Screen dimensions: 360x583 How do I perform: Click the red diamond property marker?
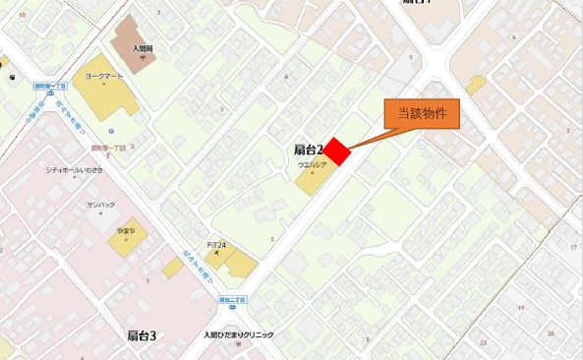pos(338,151)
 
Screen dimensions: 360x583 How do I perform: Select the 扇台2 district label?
pos(309,150)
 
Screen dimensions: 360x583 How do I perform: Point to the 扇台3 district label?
pos(142,336)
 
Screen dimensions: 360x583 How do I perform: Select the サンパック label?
pos(101,206)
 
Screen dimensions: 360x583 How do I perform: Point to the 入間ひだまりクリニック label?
pos(238,334)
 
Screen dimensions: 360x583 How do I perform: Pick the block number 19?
pos(518,307)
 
